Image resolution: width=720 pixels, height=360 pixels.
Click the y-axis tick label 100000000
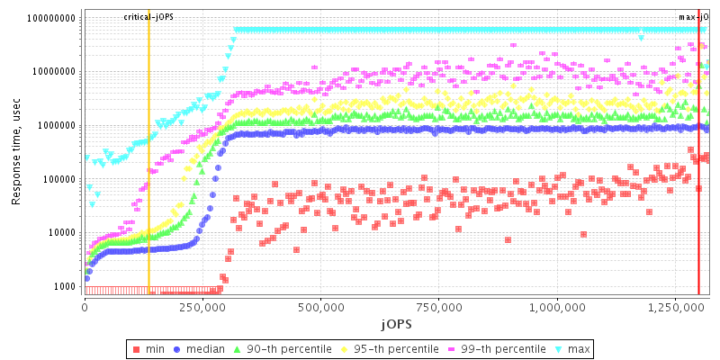(x=52, y=18)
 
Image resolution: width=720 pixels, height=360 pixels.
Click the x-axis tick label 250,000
(x=203, y=307)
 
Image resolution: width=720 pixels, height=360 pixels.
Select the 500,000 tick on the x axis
(x=321, y=307)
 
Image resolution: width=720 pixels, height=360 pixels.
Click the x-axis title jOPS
(x=396, y=322)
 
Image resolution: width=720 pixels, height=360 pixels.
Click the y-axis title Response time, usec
(x=16, y=153)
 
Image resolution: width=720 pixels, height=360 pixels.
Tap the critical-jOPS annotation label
(x=148, y=17)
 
